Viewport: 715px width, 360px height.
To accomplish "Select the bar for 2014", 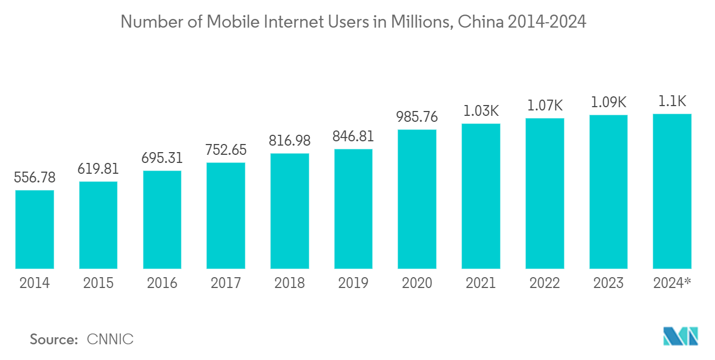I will [35, 230].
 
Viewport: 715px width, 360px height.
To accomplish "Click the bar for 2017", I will [226, 215].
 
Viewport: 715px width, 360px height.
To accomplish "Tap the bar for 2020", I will [417, 199].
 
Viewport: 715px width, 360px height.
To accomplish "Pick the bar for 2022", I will [545, 193].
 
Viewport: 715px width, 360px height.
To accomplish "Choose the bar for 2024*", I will [672, 191].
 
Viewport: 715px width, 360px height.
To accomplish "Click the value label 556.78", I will [35, 178].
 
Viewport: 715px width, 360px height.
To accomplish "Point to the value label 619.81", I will [98, 169].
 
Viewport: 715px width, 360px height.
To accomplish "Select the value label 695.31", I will [162, 158].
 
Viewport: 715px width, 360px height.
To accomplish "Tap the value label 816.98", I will [289, 141].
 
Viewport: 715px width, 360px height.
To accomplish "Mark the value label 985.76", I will [417, 117].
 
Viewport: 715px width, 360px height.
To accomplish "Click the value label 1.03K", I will [480, 111].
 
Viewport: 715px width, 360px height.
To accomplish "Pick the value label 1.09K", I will [608, 102].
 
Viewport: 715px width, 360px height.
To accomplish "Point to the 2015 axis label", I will [98, 283].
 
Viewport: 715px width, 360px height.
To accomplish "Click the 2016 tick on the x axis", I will [162, 283].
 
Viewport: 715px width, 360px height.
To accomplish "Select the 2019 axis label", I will [353, 283].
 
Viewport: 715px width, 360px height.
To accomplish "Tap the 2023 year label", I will [608, 283].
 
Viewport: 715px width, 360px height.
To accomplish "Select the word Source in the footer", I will [54, 339].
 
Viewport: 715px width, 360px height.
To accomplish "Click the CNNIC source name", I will [110, 339].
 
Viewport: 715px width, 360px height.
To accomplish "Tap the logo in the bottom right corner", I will [681, 336].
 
